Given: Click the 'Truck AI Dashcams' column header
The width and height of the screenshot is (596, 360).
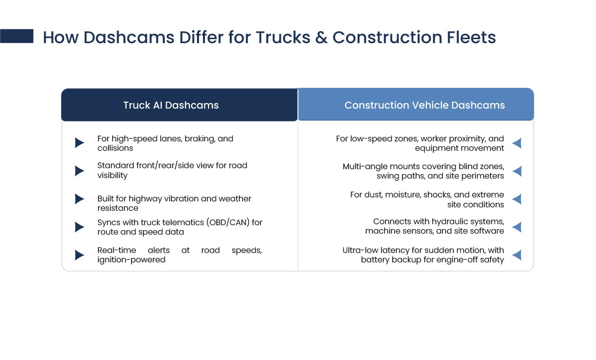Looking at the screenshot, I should [x=171, y=105].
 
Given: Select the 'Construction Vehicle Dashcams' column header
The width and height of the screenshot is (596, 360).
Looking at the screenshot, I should [x=424, y=105].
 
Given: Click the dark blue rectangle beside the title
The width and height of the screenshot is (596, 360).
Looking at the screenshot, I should [x=16, y=36].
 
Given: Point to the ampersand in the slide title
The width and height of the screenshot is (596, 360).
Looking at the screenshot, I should [x=322, y=37].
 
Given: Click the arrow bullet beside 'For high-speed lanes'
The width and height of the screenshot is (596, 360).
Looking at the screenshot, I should [x=79, y=143].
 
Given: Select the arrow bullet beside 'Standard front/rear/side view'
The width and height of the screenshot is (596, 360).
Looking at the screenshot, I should [x=79, y=171].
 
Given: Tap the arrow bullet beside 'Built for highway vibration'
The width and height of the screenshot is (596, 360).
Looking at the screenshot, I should [x=79, y=199].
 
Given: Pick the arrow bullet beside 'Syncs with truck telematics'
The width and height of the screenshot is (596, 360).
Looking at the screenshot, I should [x=79, y=227].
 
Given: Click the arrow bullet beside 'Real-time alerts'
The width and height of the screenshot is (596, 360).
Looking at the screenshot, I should [x=79, y=255].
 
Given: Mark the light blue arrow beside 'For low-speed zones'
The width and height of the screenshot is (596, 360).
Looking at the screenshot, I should [x=517, y=143].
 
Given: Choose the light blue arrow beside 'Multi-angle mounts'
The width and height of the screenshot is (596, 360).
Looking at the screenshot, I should [x=517, y=171].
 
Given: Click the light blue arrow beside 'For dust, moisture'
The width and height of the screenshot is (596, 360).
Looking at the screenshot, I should [x=517, y=199].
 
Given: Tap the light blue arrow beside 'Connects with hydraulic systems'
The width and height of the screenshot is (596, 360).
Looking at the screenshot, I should [x=517, y=227].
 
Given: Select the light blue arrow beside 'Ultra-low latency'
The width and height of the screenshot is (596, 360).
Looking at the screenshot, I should [x=517, y=255].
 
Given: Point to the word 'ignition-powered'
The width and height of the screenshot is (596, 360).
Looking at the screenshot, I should [x=131, y=260].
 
